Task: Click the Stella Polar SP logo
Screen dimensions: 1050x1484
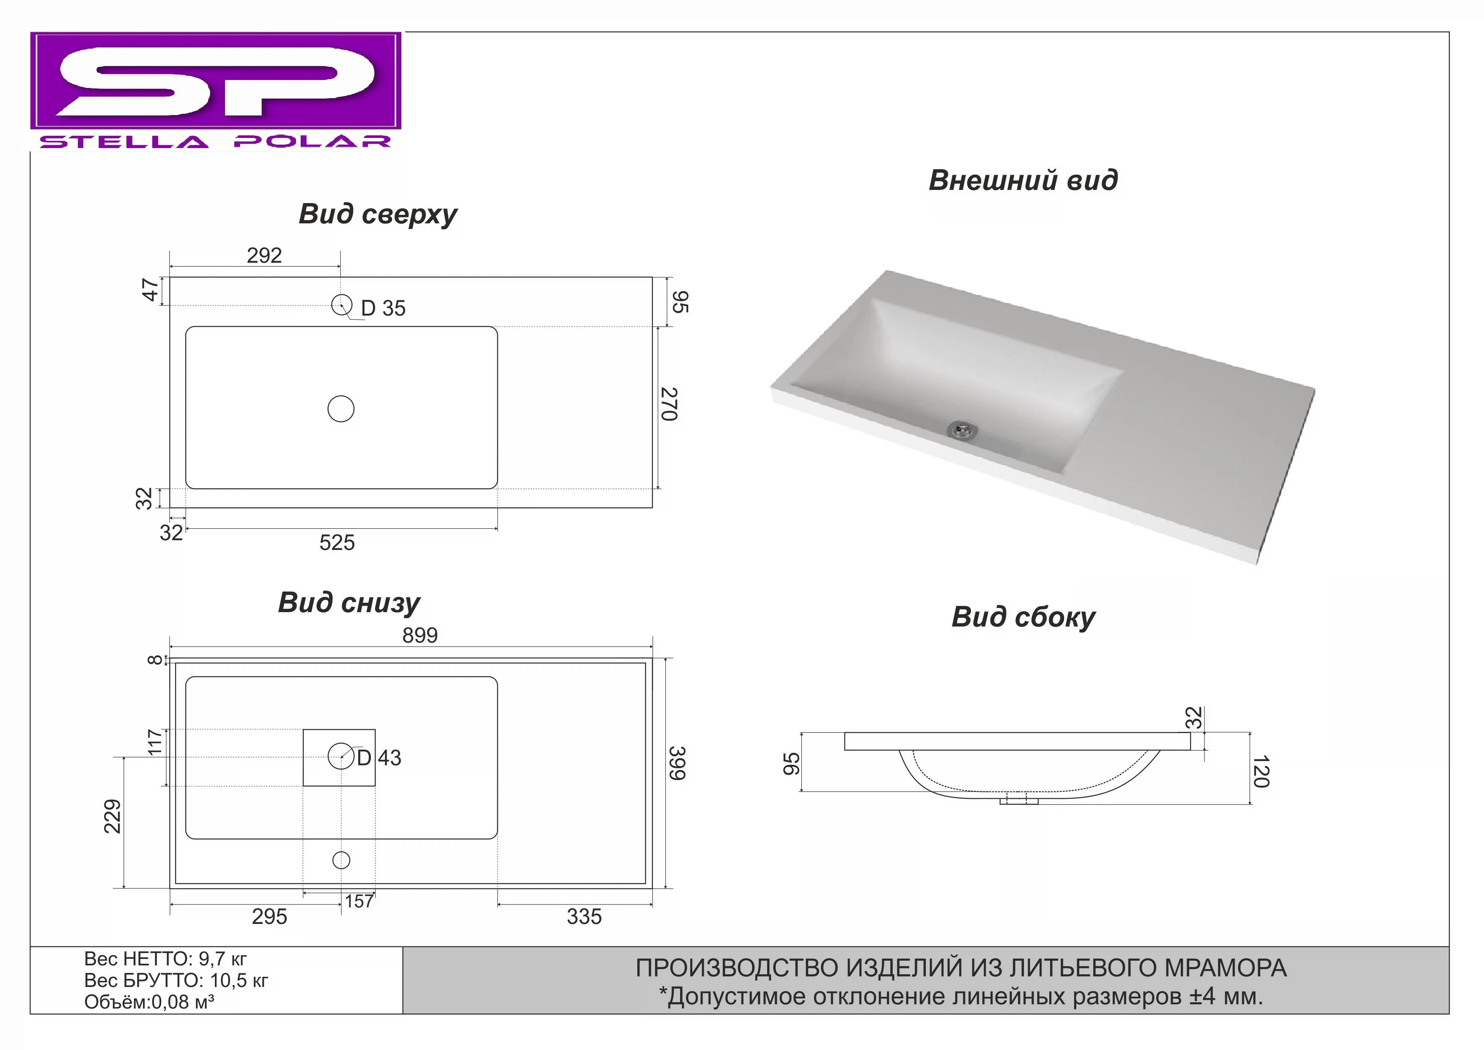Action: (x=215, y=91)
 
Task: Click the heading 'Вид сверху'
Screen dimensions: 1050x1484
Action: (x=378, y=214)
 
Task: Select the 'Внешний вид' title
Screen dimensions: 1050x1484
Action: (x=1023, y=180)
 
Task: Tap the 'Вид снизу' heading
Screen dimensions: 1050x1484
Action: (x=348, y=602)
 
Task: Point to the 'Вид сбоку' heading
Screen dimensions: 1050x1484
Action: (x=1023, y=617)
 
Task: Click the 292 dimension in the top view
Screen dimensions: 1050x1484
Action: (x=264, y=256)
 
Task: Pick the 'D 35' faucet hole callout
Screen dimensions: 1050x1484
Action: (x=383, y=308)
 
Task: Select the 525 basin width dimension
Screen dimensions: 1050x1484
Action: (x=337, y=542)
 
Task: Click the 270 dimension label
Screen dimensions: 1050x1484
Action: (x=669, y=404)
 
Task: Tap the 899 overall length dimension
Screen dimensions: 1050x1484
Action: (x=420, y=635)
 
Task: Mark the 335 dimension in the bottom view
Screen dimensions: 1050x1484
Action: (x=584, y=916)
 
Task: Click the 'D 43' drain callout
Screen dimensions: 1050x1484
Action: (x=379, y=758)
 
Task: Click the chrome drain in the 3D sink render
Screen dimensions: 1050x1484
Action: (x=963, y=429)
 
